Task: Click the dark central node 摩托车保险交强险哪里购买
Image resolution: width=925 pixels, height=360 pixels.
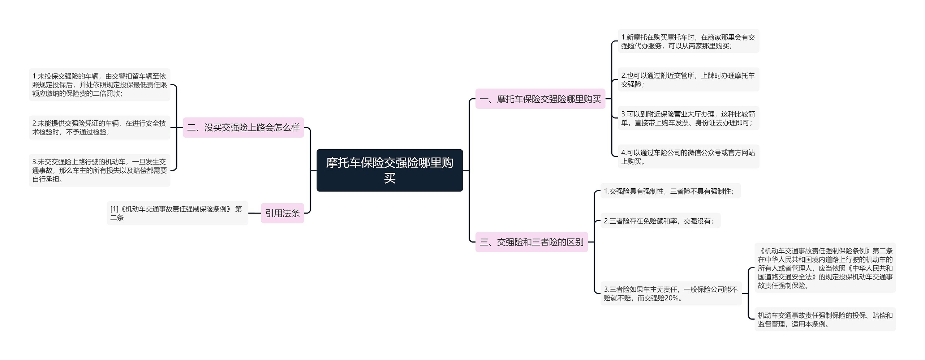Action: coord(390,170)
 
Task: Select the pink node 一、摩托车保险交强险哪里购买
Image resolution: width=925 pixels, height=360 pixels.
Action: coord(540,99)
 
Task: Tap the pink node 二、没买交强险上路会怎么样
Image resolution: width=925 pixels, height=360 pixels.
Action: coord(243,128)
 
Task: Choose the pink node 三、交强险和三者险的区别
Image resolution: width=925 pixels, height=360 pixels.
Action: coord(532,242)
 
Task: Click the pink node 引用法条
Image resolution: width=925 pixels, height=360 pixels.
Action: coord(282,213)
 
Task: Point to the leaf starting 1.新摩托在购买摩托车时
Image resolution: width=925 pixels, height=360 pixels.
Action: coord(688,41)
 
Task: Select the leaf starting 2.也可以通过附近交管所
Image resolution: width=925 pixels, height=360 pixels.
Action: coord(688,80)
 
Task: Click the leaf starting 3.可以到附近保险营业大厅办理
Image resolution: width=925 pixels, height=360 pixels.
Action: coord(688,118)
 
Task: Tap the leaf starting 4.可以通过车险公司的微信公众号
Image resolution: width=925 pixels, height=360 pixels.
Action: coord(688,157)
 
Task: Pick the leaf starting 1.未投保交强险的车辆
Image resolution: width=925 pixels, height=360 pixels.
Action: coord(99,85)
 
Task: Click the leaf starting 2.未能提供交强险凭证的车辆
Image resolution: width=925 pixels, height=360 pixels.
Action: coord(99,128)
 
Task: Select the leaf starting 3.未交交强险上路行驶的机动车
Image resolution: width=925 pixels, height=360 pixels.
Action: coord(99,170)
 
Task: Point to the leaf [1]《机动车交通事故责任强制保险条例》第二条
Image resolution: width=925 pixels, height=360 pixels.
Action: coord(177,213)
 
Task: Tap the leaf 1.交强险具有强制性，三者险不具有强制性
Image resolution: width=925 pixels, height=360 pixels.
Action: coord(670,191)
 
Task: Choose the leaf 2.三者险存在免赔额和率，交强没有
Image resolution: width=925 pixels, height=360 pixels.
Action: coord(660,221)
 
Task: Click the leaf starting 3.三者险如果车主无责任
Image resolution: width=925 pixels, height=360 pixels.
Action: coord(671,293)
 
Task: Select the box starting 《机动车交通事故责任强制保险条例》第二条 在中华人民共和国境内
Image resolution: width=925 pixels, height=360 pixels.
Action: coord(825,268)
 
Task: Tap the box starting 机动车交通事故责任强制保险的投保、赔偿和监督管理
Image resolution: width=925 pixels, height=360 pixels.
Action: coord(825,320)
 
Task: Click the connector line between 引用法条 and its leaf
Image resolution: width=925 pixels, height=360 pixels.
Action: coord(254,213)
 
